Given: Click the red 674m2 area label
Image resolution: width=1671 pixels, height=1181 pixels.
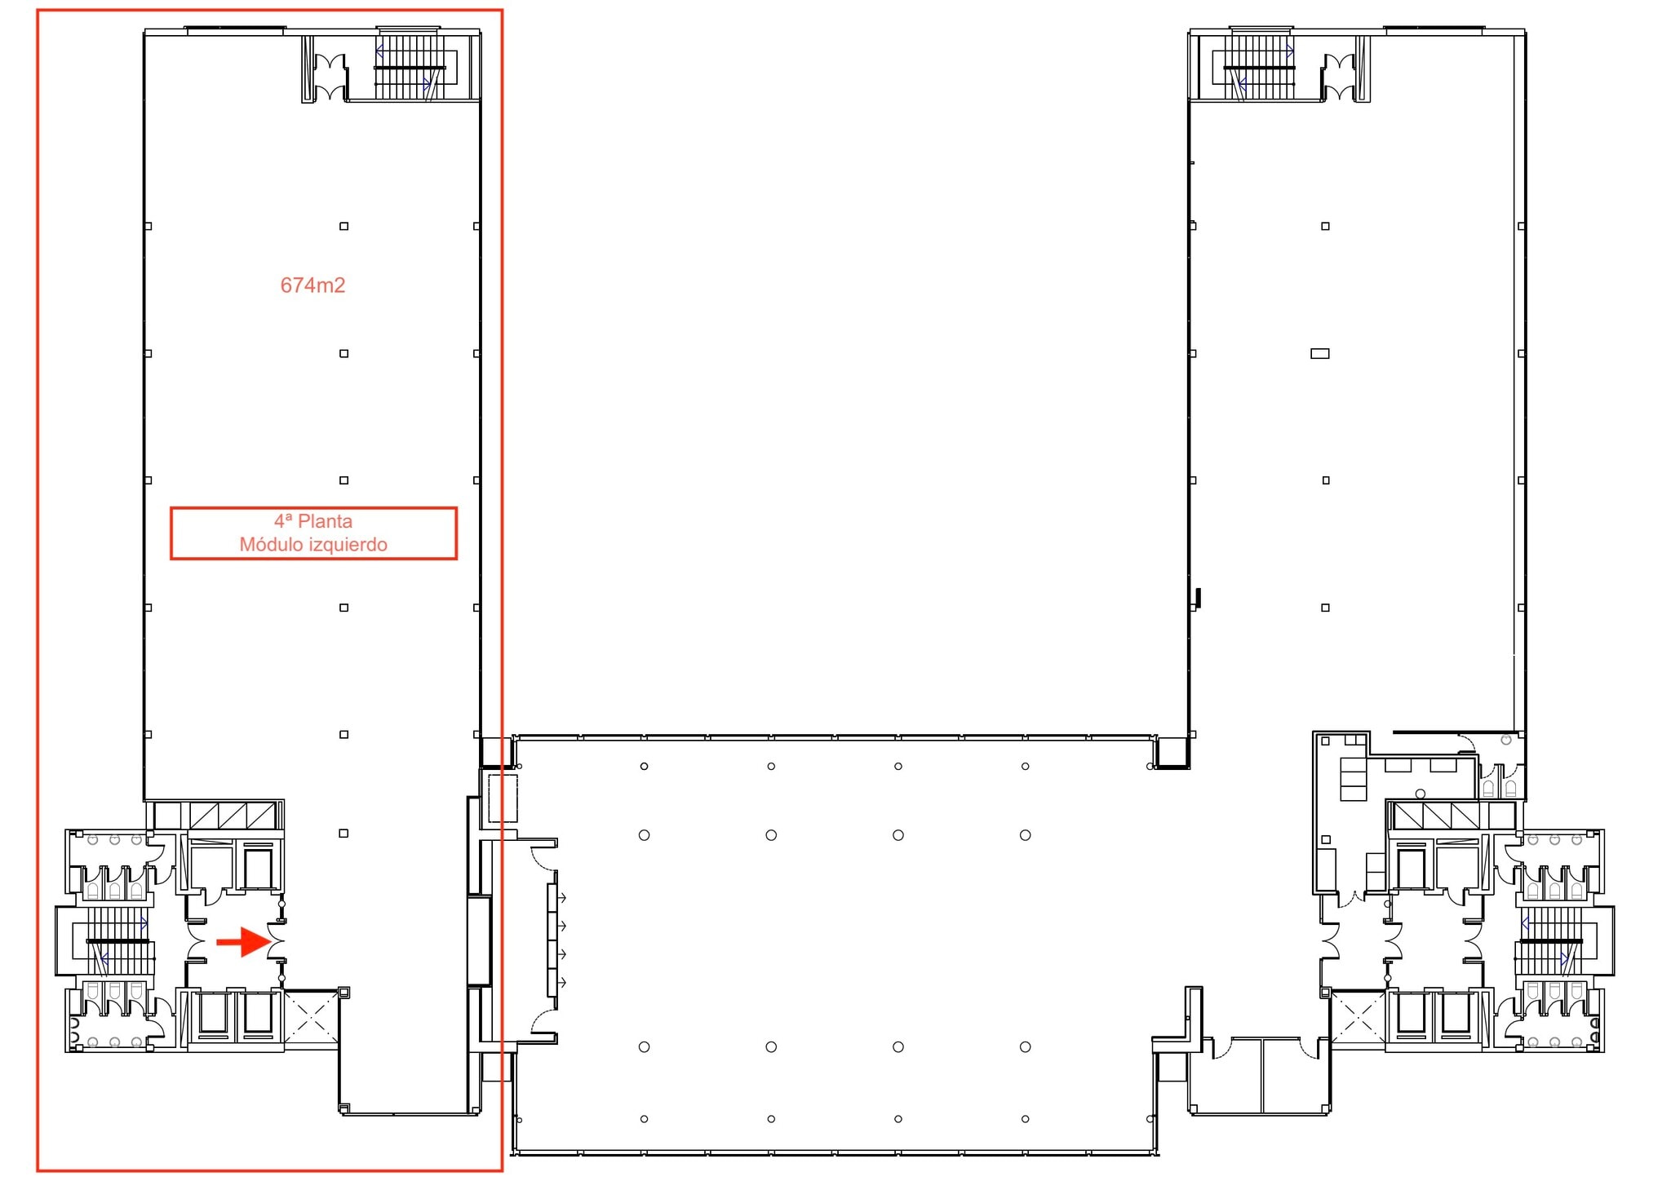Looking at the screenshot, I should coord(312,285).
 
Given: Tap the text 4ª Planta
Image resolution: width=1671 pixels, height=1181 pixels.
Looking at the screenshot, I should coord(312,521).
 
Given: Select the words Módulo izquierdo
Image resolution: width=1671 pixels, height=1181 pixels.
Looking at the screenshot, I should coord(312,545).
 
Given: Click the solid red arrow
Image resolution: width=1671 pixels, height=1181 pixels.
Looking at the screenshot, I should coord(242,942).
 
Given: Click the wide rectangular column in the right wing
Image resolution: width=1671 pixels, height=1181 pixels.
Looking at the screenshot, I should coord(1319,353).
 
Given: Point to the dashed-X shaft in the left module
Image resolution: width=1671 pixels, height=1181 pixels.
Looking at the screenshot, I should coord(311,1017).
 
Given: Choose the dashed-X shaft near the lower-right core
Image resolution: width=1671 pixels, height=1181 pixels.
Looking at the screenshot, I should coord(1358,1016).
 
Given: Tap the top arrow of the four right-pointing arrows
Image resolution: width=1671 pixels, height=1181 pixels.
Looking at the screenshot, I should coord(561,898).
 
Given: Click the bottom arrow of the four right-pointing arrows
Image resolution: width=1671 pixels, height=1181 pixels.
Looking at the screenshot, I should coord(561,983).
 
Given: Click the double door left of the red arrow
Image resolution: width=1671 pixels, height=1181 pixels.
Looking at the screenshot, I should coord(197,941).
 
